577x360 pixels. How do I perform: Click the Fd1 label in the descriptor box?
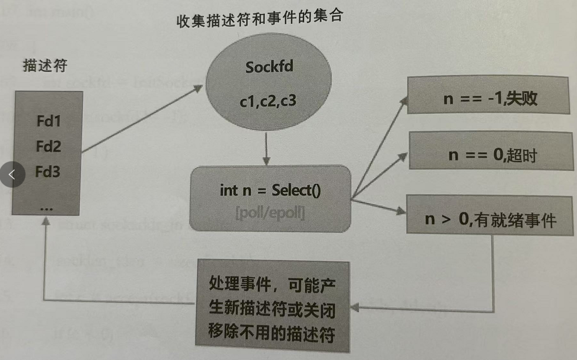click(x=49, y=123)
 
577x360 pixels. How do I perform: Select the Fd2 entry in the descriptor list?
click(x=49, y=146)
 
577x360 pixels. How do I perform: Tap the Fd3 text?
click(x=49, y=172)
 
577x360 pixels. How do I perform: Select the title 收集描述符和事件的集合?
click(x=259, y=17)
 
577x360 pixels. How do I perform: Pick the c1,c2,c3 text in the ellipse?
click(x=268, y=101)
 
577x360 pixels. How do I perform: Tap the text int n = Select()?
click(x=271, y=190)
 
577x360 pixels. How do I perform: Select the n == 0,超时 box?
click(x=489, y=155)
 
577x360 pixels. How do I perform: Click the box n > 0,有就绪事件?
click(x=489, y=220)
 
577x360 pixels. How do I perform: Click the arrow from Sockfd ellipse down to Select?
click(x=266, y=149)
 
